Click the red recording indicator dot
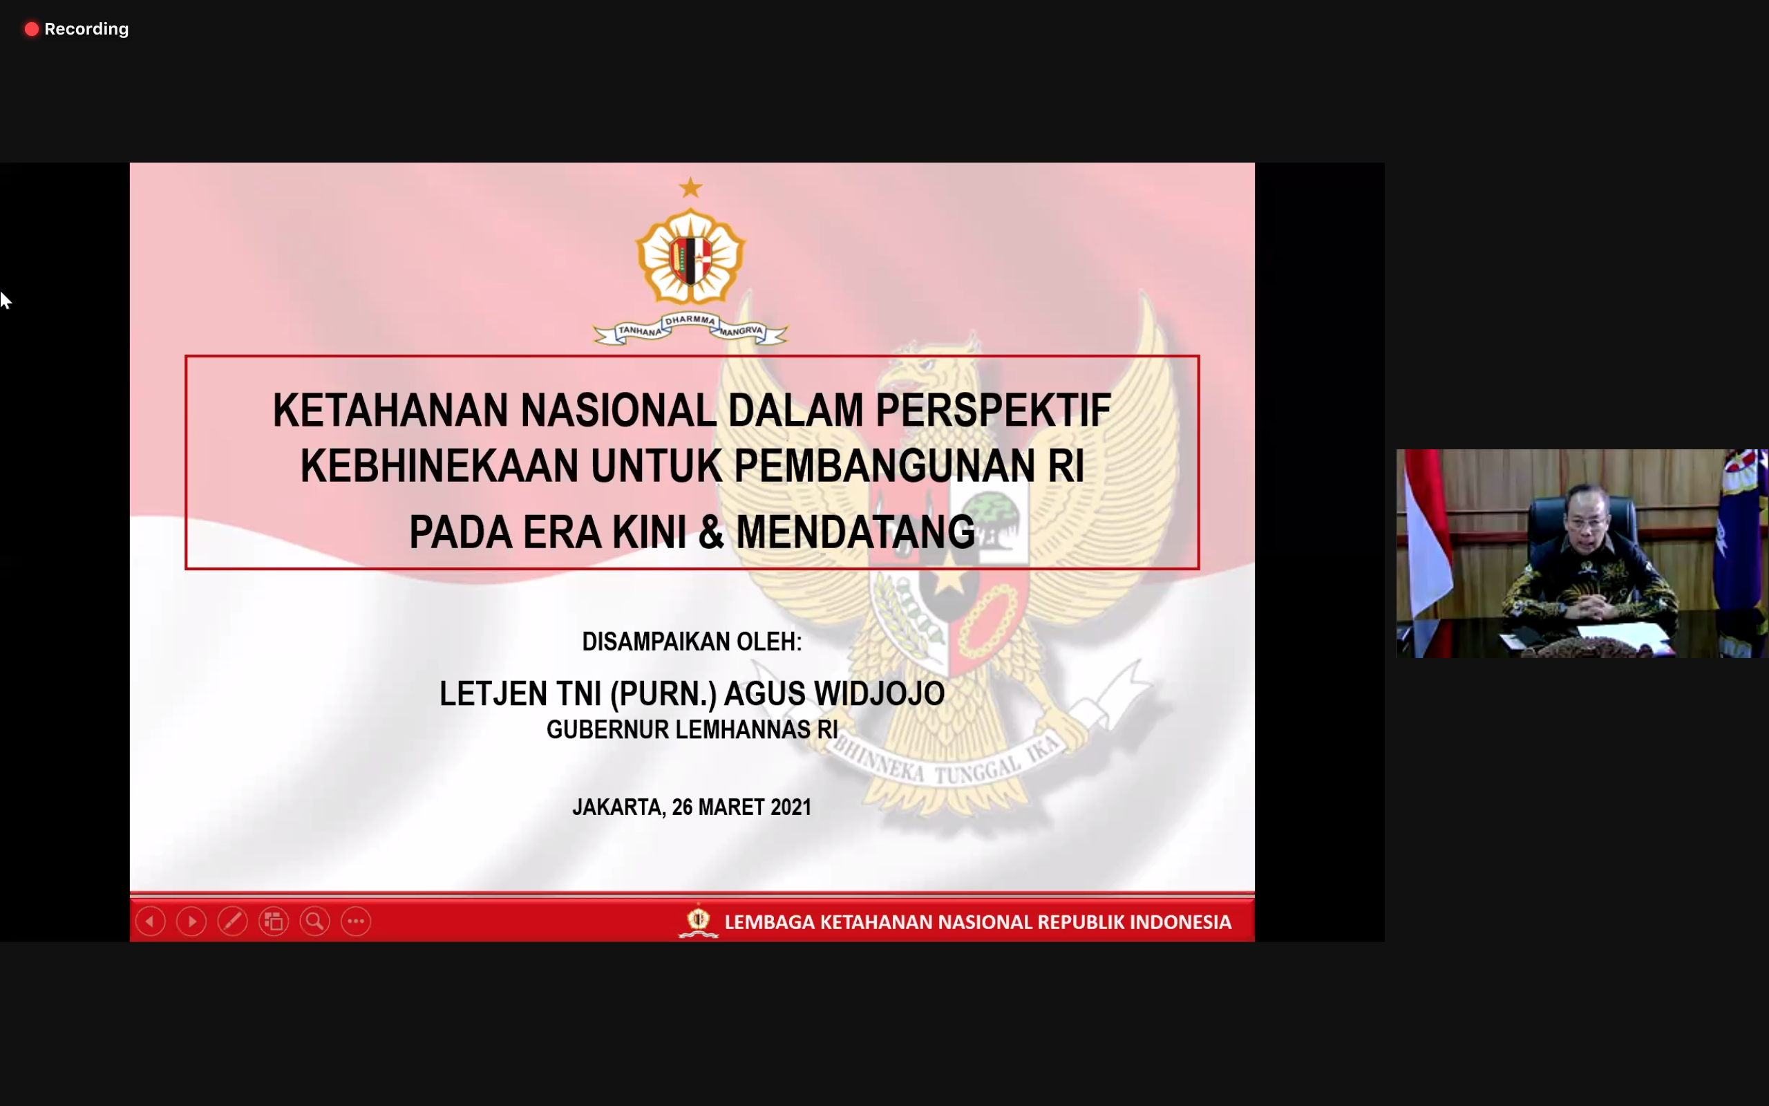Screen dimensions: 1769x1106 click(31, 29)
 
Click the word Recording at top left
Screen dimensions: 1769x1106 click(86, 29)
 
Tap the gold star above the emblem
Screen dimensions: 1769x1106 click(691, 188)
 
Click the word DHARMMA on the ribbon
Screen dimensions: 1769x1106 click(690, 319)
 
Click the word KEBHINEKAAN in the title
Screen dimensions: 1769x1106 click(439, 466)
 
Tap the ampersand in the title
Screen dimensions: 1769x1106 click(711, 532)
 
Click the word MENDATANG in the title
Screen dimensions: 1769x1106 click(855, 532)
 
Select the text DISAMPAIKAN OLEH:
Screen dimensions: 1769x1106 click(692, 641)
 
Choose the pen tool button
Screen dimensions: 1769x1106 click(232, 921)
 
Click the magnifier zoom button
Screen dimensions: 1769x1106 click(314, 921)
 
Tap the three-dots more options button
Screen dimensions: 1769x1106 click(356, 921)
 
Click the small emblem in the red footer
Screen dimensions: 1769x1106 click(698, 921)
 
